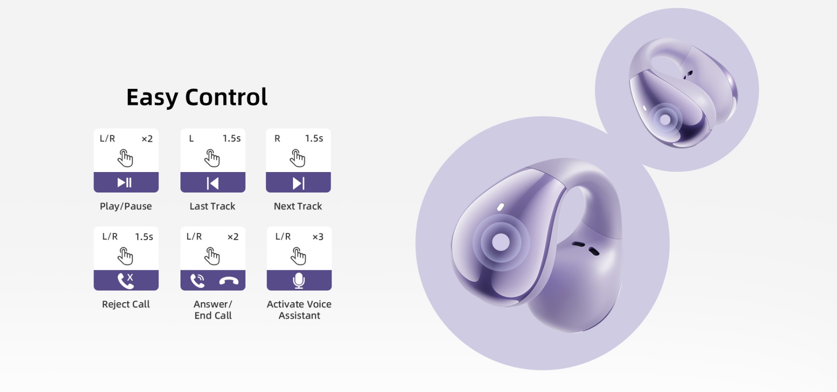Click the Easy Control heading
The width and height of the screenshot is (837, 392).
tap(197, 98)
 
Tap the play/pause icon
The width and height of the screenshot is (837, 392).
tap(125, 182)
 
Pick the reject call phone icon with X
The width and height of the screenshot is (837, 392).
tap(126, 280)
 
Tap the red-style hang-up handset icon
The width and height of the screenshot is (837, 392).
tap(229, 281)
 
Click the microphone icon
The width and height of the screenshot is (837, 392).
tap(299, 281)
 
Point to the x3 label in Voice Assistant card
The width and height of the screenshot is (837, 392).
tap(318, 237)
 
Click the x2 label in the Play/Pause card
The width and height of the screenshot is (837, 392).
tap(147, 139)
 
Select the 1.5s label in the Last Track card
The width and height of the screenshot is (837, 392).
tap(232, 139)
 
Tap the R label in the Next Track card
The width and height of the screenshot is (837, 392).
tap(277, 139)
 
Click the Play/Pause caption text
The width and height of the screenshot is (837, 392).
tap(126, 206)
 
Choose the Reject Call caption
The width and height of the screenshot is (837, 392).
tap(126, 304)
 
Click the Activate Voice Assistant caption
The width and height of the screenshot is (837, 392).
tap(299, 310)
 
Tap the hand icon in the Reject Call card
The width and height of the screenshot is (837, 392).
tap(126, 256)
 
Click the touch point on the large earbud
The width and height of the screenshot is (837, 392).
tap(501, 242)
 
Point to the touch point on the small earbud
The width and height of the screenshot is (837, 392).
tap(665, 120)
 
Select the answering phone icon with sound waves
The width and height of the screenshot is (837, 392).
tap(198, 281)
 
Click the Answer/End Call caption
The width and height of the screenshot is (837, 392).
tap(213, 310)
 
